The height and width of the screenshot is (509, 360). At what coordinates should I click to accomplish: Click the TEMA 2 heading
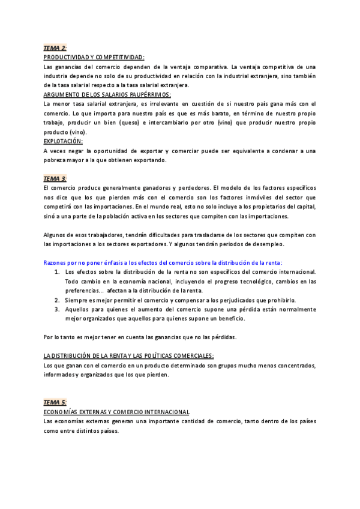(x=55, y=47)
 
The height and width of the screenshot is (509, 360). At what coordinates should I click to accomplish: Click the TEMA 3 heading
(x=55, y=179)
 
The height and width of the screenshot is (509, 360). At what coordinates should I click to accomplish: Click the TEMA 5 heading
(x=55, y=402)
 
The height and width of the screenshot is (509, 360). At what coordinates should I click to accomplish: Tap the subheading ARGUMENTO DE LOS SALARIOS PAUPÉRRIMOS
(x=107, y=94)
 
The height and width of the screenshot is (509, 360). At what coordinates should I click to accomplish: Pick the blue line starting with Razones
(x=163, y=262)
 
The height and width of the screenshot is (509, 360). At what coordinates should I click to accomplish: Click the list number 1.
(x=56, y=272)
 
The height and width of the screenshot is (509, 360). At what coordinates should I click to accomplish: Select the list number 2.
(x=56, y=300)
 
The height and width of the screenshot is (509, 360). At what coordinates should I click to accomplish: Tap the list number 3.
(x=56, y=309)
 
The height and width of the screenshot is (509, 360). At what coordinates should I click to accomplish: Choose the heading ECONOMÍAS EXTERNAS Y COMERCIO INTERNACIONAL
(x=117, y=412)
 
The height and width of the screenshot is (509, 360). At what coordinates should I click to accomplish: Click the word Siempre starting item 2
(x=77, y=300)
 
